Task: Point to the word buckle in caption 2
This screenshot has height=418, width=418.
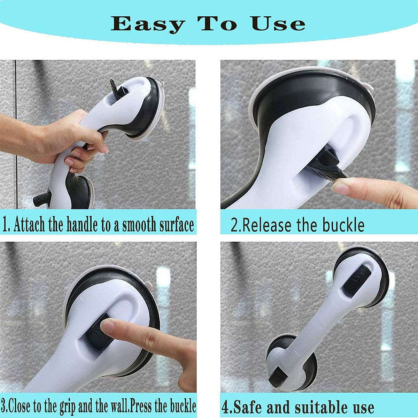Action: click(343, 225)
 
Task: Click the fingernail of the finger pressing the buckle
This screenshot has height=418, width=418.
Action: click(108, 326)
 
